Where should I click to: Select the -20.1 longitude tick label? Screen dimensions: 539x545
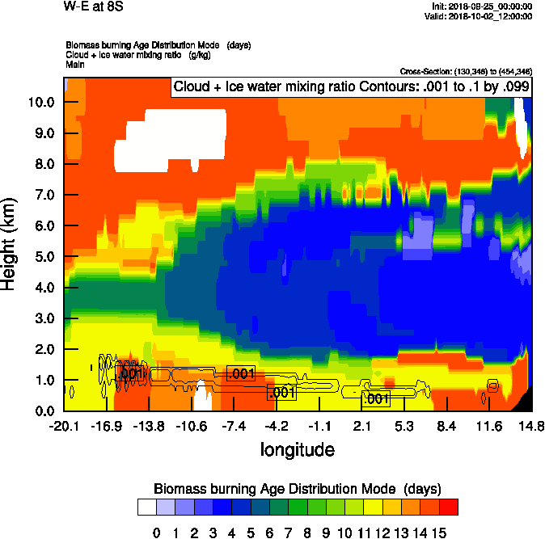64,426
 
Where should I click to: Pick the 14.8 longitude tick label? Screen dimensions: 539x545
531,426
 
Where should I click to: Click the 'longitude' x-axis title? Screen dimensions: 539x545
297,449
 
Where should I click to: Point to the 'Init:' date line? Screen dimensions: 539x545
483,6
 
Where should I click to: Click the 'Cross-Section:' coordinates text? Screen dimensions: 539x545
466,72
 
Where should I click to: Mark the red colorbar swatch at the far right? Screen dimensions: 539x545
449,507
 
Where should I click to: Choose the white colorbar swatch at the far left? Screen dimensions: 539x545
146,507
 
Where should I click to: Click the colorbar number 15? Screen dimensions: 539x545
439,532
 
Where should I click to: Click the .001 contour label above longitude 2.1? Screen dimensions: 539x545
376,398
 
